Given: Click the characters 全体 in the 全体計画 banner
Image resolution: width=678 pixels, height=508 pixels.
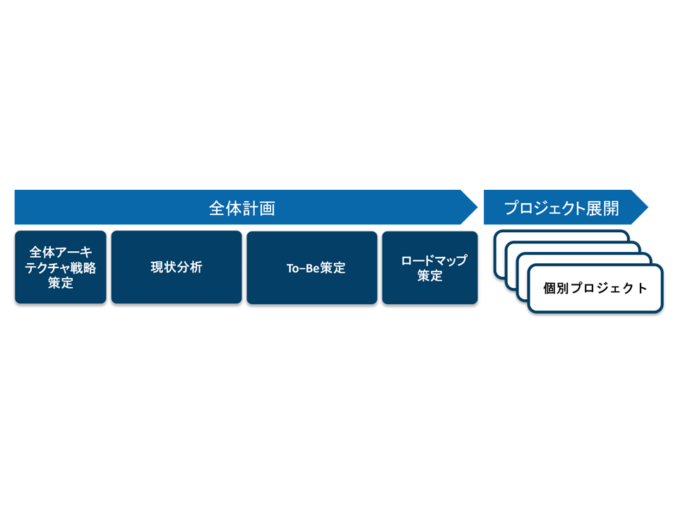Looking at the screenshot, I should pyautogui.click(x=225, y=208).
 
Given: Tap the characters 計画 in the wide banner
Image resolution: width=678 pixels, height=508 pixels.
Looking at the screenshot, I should pyautogui.click(x=258, y=208).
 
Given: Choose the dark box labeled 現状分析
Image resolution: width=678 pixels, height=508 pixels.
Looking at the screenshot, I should pyautogui.click(x=177, y=267).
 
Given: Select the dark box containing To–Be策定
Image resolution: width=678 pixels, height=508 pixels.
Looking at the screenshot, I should pyautogui.click(x=311, y=268).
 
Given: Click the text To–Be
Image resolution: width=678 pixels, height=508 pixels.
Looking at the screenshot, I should pyautogui.click(x=298, y=268).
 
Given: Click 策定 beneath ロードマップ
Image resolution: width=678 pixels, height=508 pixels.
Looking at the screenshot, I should pyautogui.click(x=429, y=276).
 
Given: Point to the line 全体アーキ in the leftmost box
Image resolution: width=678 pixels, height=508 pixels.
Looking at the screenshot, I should pyautogui.click(x=61, y=253).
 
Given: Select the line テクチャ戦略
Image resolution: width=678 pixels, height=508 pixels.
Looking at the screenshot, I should pyautogui.click(x=61, y=268).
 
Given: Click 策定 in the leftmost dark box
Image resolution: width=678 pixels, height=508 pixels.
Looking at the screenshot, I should pyautogui.click(x=61, y=284).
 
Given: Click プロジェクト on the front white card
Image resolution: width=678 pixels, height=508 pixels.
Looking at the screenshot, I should pyautogui.click(x=609, y=288).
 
